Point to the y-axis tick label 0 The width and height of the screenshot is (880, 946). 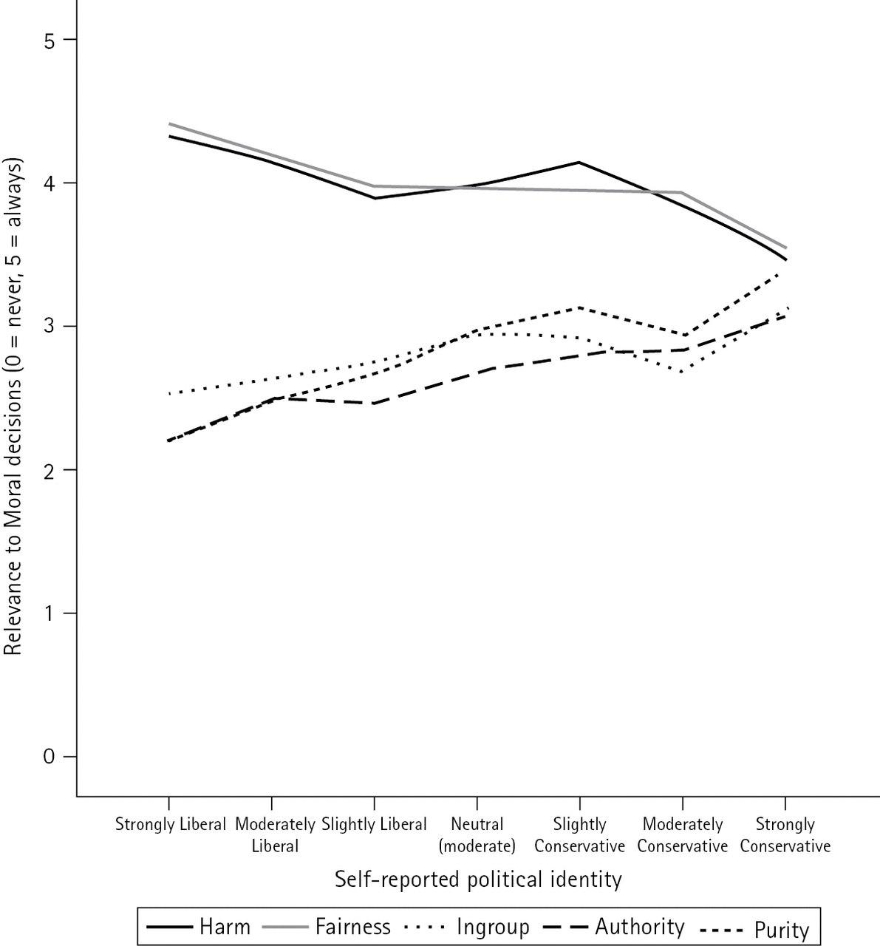pyautogui.click(x=50, y=757)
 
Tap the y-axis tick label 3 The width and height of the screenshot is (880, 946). pyautogui.click(x=50, y=327)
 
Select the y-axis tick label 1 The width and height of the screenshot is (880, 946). pyautogui.click(x=50, y=613)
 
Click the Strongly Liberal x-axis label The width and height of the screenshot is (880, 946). pyautogui.click(x=170, y=824)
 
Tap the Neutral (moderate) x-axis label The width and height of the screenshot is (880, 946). pyautogui.click(x=477, y=834)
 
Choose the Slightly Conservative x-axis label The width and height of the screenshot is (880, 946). pyautogui.click(x=579, y=834)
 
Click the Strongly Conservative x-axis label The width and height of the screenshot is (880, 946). pyautogui.click(x=785, y=834)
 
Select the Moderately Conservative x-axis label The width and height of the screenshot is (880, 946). pyautogui.click(x=682, y=834)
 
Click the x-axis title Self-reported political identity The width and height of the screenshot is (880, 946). pyautogui.click(x=477, y=879)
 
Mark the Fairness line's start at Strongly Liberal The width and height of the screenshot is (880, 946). pyautogui.click(x=169, y=124)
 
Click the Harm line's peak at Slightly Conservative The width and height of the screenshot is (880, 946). pyautogui.click(x=579, y=162)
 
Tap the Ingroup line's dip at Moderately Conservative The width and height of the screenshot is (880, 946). pyautogui.click(x=681, y=371)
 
